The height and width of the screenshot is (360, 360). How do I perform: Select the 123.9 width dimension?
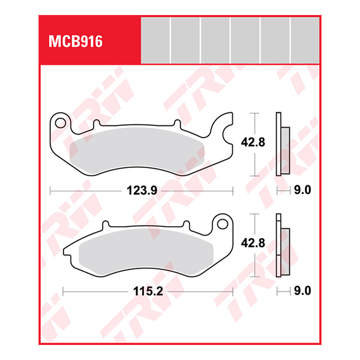point(142,191)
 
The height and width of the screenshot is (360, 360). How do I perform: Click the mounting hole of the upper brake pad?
point(60,123)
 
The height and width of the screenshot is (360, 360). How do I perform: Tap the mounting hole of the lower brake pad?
point(223,225)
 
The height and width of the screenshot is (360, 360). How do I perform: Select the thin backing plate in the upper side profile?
point(278,144)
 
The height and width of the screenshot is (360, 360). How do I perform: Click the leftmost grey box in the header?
point(155,40)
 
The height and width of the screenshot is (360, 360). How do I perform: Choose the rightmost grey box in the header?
point(305,40)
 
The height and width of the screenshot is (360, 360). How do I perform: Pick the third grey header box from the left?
point(215,40)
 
